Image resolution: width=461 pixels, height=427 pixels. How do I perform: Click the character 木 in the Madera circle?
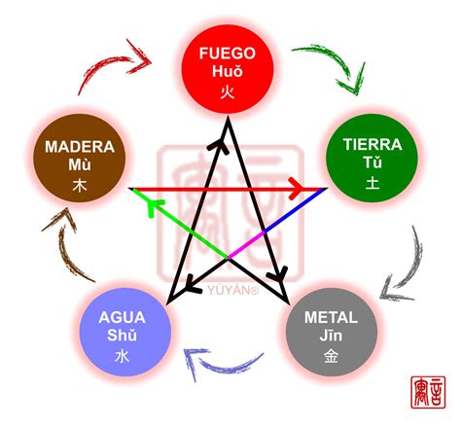click(x=79, y=183)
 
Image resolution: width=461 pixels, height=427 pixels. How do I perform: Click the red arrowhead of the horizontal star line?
click(x=320, y=189)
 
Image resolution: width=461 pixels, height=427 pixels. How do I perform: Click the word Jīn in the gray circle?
click(x=331, y=336)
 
